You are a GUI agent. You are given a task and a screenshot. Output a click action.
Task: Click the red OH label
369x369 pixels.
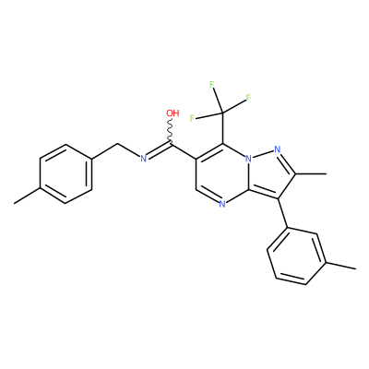click(173, 113)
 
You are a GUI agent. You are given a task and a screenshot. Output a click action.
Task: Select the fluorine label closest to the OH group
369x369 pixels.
click(193, 118)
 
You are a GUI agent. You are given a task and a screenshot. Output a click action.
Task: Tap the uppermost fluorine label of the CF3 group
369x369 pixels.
click(212, 85)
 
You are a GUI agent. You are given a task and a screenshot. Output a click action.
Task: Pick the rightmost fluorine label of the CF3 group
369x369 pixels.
click(248, 98)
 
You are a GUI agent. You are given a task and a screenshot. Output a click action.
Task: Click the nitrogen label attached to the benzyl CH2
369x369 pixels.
click(143, 159)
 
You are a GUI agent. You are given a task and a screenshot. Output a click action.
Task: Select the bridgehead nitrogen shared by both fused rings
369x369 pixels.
click(248, 159)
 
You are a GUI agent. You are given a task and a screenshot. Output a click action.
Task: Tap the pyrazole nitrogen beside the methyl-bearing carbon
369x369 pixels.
click(277, 149)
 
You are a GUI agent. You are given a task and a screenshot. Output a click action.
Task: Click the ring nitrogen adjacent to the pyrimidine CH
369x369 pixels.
click(222, 203)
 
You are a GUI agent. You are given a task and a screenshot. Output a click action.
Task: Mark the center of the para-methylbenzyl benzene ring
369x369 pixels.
click(65, 173)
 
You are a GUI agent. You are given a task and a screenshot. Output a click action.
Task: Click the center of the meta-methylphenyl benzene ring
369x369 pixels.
click(297, 256)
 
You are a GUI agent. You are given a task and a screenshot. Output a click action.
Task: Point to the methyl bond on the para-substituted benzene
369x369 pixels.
click(27, 196)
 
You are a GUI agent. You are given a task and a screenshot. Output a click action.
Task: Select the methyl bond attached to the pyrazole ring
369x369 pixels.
click(311, 174)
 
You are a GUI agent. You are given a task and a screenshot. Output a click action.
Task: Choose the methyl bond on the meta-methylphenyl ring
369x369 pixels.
click(341, 267)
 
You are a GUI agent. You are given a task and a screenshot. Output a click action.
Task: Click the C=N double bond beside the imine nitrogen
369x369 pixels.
click(158, 150)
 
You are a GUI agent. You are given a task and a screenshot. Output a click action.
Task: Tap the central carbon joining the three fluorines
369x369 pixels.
click(222, 113)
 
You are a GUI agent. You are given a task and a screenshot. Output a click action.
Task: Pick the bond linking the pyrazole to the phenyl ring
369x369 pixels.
click(283, 213)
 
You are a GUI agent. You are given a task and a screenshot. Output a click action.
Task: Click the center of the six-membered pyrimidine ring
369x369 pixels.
click(222, 173)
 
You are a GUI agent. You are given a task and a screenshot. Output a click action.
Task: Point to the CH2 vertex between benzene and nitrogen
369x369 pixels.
click(118, 144)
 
